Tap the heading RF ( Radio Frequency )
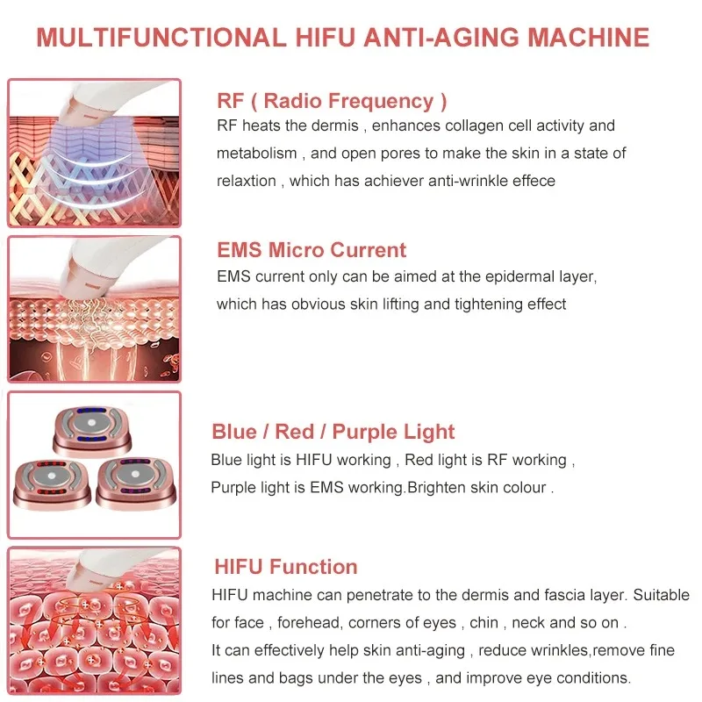(332, 101)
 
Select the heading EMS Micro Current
(312, 250)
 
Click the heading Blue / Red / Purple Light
(333, 432)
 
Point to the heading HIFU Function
(285, 566)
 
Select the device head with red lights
(51, 483)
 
